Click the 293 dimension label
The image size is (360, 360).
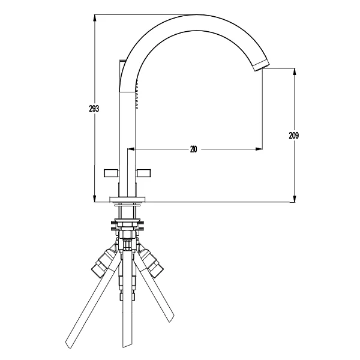tap(94, 109)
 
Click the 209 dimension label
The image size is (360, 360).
tap(294, 136)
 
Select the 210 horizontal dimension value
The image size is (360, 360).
tap(194, 149)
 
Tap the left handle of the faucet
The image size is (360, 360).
tap(111, 173)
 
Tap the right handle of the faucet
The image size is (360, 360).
tap(144, 173)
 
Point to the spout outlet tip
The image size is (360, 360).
tap(261, 65)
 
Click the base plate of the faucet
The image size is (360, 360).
tap(127, 200)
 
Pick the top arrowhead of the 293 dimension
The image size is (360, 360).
tap(95, 19)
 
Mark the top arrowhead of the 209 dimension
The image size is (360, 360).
tap(295, 73)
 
